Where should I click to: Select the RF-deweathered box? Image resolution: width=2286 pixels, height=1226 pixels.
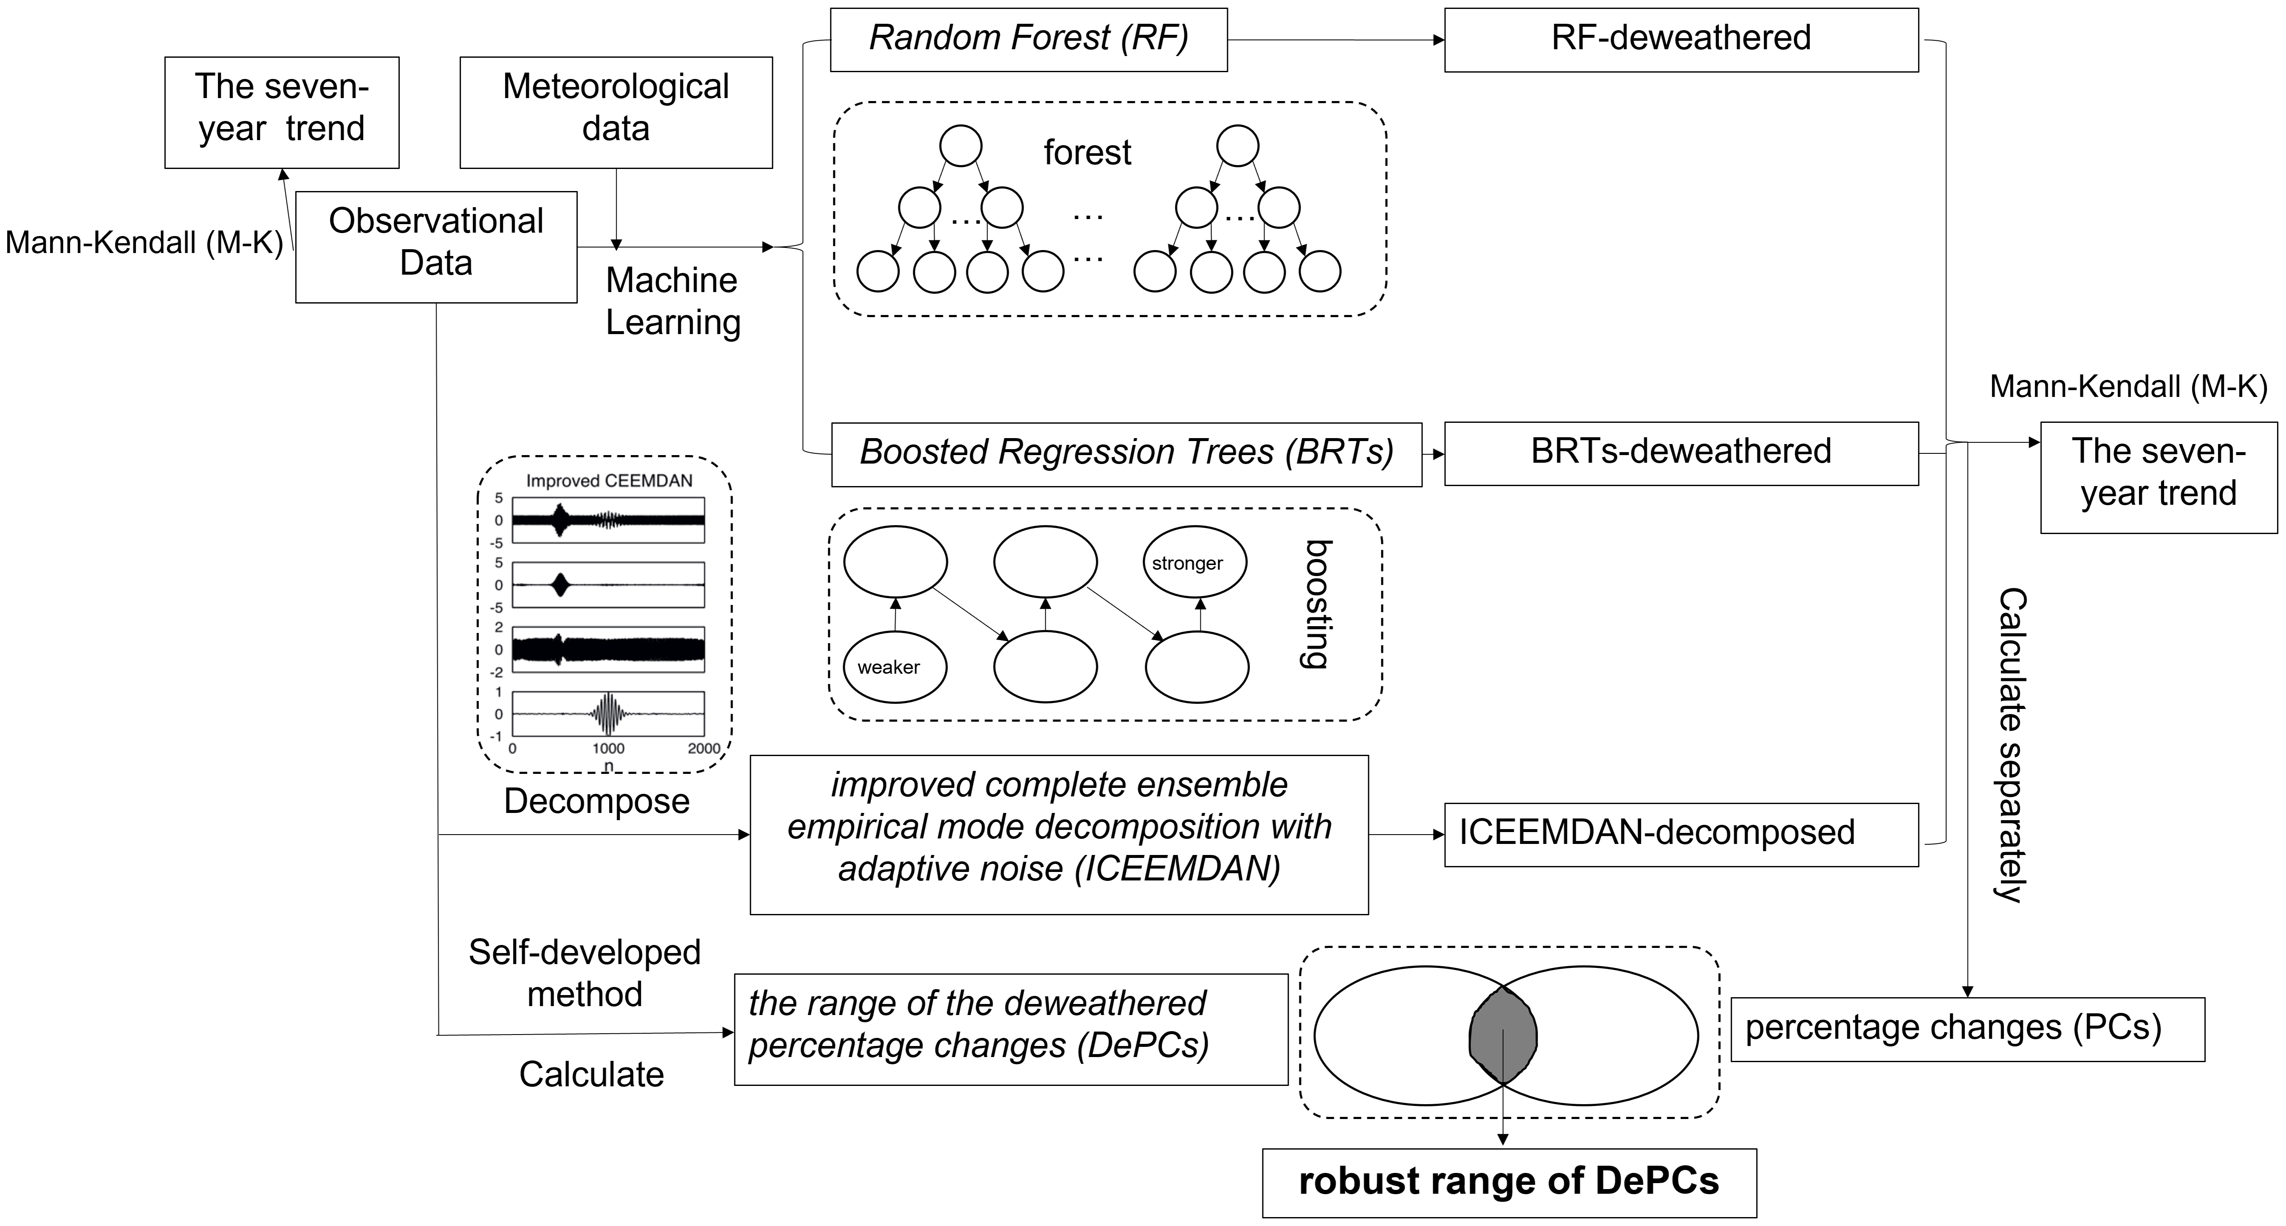[1681, 39]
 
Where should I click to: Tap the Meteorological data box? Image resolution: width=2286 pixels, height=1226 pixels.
[616, 112]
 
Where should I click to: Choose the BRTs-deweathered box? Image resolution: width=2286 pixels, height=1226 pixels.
[1681, 453]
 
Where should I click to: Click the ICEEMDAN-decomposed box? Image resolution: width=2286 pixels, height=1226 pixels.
[1681, 834]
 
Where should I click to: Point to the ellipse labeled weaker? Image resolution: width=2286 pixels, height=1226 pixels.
[895, 666]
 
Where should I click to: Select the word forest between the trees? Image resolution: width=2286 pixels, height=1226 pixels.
[1087, 152]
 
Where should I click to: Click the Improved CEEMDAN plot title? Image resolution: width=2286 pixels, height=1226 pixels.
[609, 481]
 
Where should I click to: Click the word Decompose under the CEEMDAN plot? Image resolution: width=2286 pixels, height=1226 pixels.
[596, 801]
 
